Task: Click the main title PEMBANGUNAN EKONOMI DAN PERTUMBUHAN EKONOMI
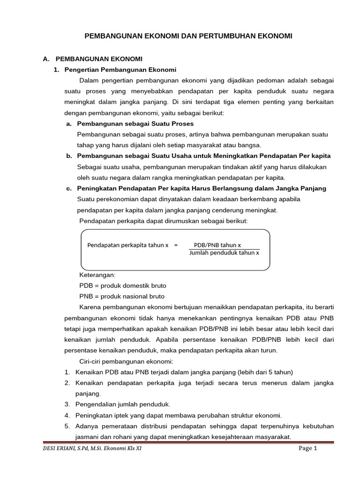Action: tap(188, 36)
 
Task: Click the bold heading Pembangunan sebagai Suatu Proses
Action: tap(135, 124)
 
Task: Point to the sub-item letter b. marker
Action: tap(69, 156)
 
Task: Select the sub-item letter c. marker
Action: tap(69, 188)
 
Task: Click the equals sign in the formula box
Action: tap(176, 245)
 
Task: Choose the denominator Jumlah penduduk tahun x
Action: tap(224, 253)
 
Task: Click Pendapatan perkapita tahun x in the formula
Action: tap(127, 245)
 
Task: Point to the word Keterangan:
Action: tap(97, 275)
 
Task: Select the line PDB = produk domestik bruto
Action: tap(123, 285)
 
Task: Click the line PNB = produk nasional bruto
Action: tap(122, 296)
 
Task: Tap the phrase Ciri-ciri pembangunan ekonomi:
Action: tap(126, 361)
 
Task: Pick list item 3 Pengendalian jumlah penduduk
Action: tap(123, 404)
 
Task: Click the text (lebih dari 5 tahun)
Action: tap(260, 372)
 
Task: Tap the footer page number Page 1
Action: tap(308, 449)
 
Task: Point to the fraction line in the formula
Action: tap(224, 249)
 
